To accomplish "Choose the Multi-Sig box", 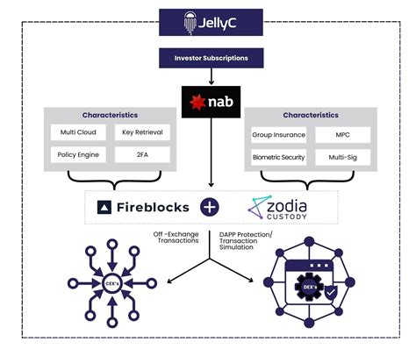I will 342,159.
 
